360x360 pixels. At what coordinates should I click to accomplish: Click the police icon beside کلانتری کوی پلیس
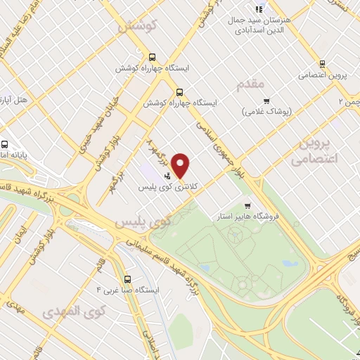[x=167, y=177]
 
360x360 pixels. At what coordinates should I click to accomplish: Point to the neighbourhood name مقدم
[x=250, y=84]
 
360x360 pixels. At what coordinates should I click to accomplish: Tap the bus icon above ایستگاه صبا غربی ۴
[x=127, y=277]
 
